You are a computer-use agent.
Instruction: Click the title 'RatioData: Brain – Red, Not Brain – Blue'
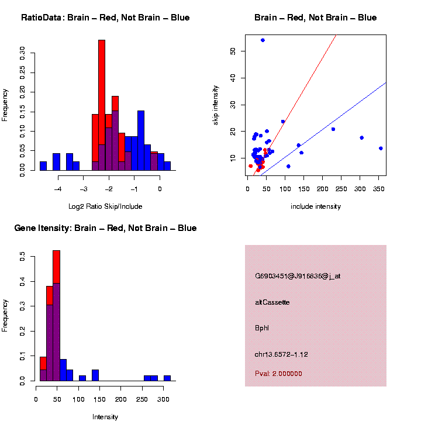point(105,18)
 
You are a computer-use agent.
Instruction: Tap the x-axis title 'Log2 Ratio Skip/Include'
point(105,206)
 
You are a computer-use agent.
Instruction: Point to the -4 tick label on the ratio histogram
point(58,189)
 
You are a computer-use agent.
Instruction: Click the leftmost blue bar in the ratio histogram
point(43,165)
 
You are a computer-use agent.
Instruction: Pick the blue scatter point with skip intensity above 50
point(263,40)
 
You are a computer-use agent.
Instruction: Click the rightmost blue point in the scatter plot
point(381,149)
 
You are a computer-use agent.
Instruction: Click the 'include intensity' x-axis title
point(316,206)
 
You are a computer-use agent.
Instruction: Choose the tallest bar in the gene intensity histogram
point(57,316)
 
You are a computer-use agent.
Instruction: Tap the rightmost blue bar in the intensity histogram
point(167,378)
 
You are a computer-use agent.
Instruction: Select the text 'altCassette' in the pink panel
point(272,302)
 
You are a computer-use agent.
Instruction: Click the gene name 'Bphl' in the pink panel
point(262,328)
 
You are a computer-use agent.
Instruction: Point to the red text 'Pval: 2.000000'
point(279,374)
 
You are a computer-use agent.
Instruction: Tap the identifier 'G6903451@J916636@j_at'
point(298,276)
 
